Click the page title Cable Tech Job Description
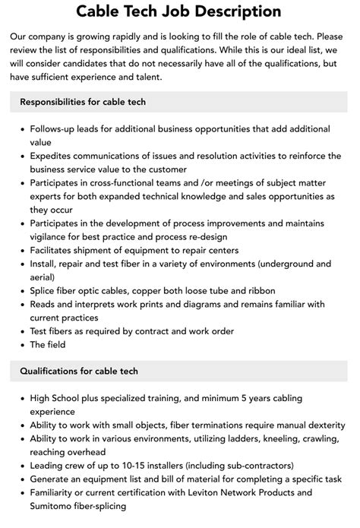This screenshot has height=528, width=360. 179,11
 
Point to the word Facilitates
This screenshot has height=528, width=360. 55,250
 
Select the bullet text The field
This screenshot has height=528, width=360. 47,344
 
